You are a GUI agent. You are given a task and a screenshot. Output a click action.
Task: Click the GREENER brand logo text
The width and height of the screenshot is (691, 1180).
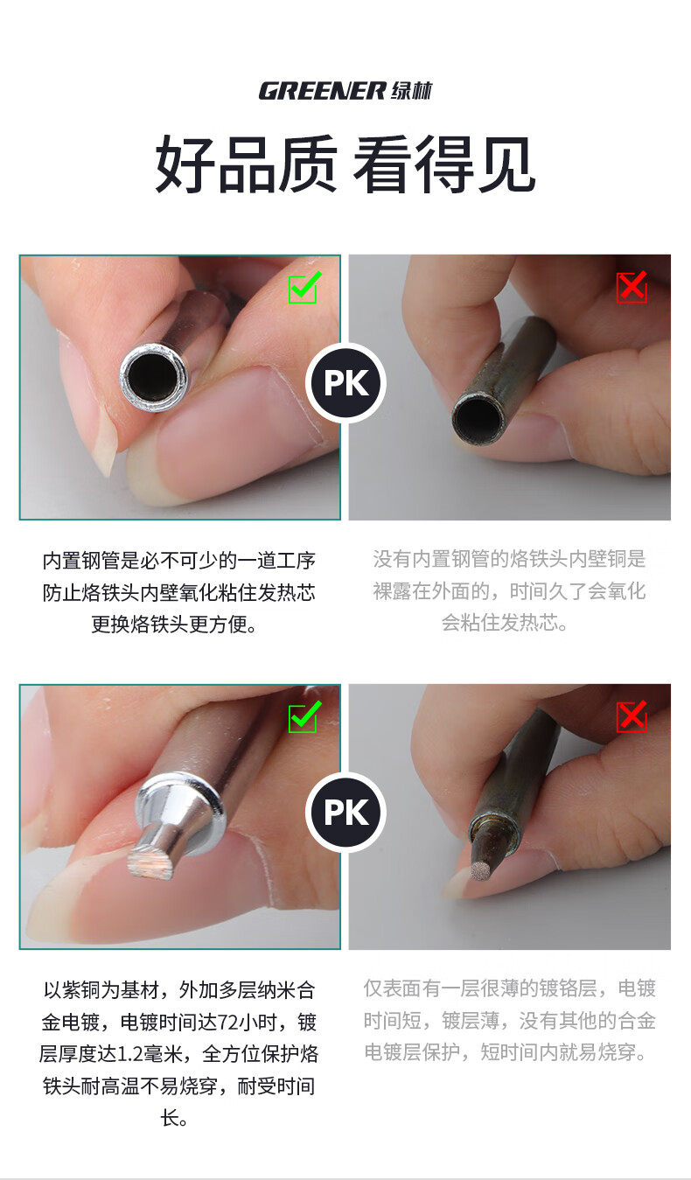pos(322,91)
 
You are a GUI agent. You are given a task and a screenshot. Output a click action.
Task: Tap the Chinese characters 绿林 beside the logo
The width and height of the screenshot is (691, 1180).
pos(411,91)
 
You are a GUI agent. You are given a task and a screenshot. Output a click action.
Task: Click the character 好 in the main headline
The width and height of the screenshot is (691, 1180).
pos(185,164)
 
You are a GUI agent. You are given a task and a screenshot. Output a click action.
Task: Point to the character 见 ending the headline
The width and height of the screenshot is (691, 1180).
pos(506,164)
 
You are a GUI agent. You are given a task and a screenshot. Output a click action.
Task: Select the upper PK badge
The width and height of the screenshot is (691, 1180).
pos(346,383)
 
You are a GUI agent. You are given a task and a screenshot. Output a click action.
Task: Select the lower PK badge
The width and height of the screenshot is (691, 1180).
pos(346,813)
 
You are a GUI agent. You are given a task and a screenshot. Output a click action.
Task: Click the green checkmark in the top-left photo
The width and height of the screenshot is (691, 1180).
pos(304,287)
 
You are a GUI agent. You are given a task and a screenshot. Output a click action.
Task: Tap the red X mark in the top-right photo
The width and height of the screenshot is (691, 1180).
pos(632,287)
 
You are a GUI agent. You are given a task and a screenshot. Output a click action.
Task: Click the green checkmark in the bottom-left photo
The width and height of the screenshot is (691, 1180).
pos(304,716)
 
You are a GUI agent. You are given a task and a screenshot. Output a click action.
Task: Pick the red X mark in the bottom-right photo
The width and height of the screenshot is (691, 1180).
pos(632,716)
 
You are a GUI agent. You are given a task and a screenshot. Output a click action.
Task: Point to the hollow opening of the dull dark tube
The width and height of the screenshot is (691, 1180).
pos(478,420)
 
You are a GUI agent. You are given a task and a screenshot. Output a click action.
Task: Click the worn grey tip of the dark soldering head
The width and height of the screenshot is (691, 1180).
pos(480,873)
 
